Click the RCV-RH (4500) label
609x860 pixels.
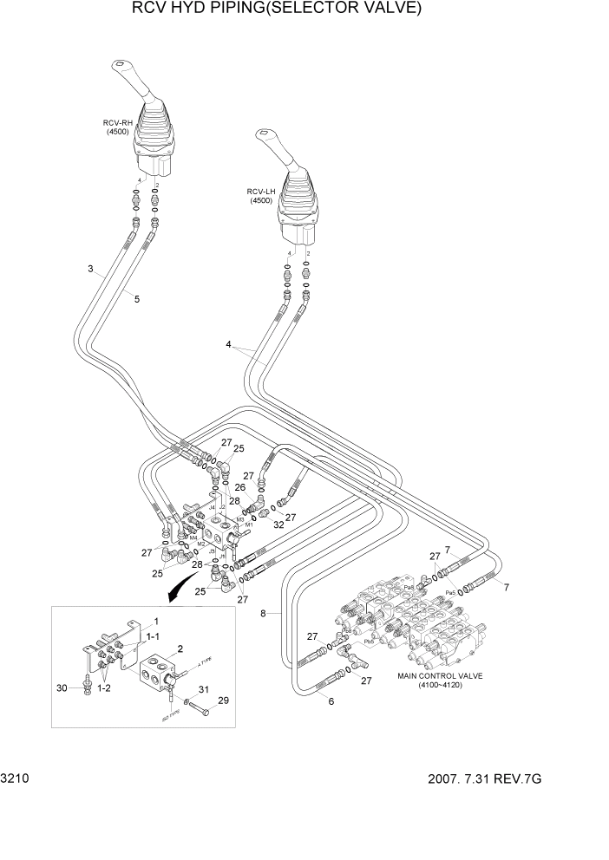(x=115, y=127)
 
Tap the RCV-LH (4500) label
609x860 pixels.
(x=260, y=196)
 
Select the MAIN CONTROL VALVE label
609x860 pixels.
(x=441, y=679)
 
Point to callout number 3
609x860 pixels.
(x=90, y=269)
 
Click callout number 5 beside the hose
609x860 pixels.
(x=136, y=298)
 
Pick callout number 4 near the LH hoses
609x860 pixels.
(x=229, y=344)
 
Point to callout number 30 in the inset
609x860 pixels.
(x=62, y=688)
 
